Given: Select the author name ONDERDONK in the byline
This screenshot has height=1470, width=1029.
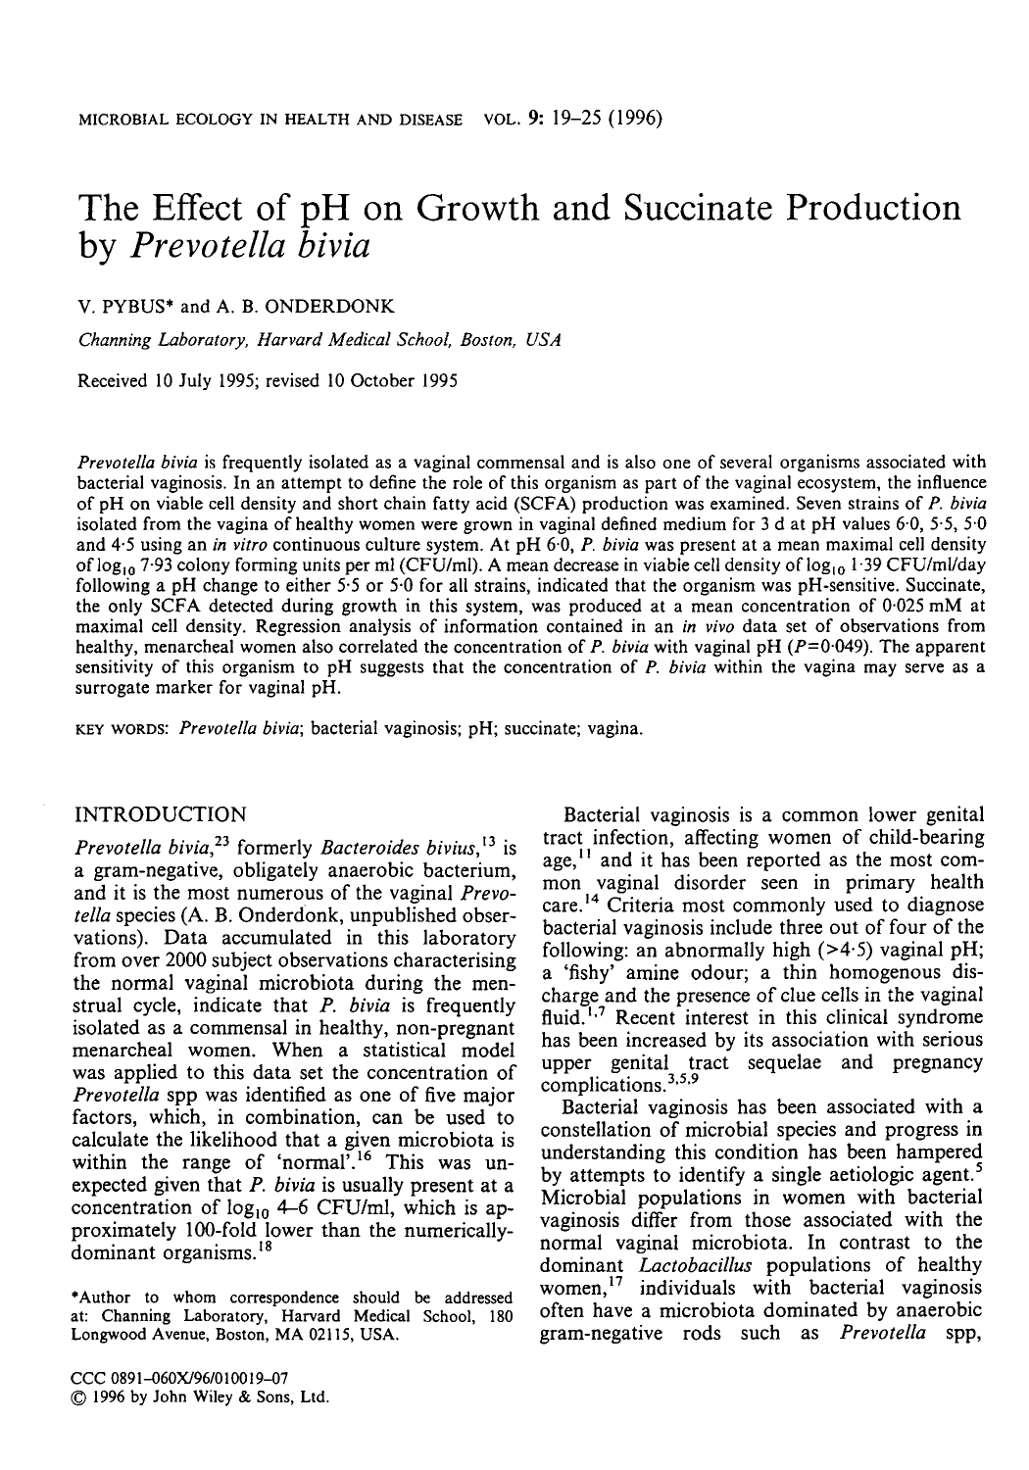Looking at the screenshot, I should click(338, 307).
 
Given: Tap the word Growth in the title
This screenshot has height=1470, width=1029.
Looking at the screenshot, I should click(458, 208).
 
